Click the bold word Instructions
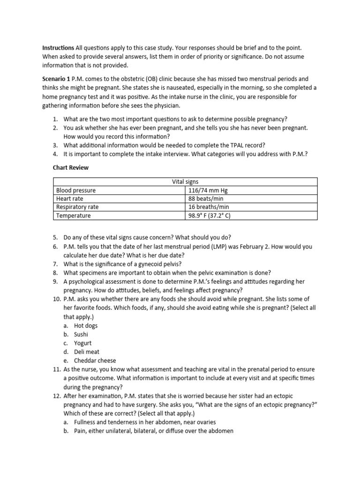(58, 48)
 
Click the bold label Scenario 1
(57, 79)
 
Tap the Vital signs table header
(186, 182)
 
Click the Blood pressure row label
(76, 190)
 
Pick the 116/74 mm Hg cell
(208, 190)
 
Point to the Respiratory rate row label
(77, 207)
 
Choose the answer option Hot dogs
(86, 325)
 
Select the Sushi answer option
(81, 334)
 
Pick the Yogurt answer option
(82, 343)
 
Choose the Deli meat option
(87, 352)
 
